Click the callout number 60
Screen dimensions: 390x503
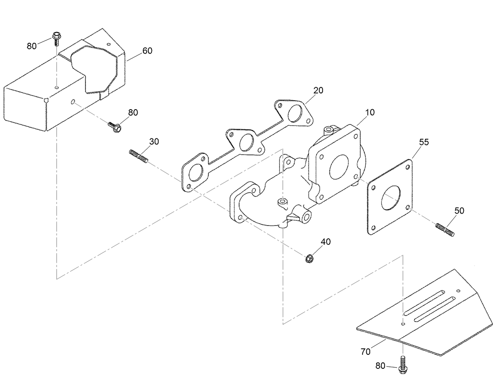click(x=147, y=51)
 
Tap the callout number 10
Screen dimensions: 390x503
click(x=370, y=112)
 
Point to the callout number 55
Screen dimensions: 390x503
click(x=424, y=142)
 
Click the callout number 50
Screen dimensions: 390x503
click(x=459, y=210)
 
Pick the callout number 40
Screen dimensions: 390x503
click(x=326, y=242)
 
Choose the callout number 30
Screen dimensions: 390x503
click(x=154, y=141)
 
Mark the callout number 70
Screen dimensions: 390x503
click(x=365, y=352)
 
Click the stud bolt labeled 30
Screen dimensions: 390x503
click(x=139, y=156)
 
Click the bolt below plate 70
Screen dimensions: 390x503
click(x=403, y=365)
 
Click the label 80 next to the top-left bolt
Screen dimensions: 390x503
click(x=32, y=46)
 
